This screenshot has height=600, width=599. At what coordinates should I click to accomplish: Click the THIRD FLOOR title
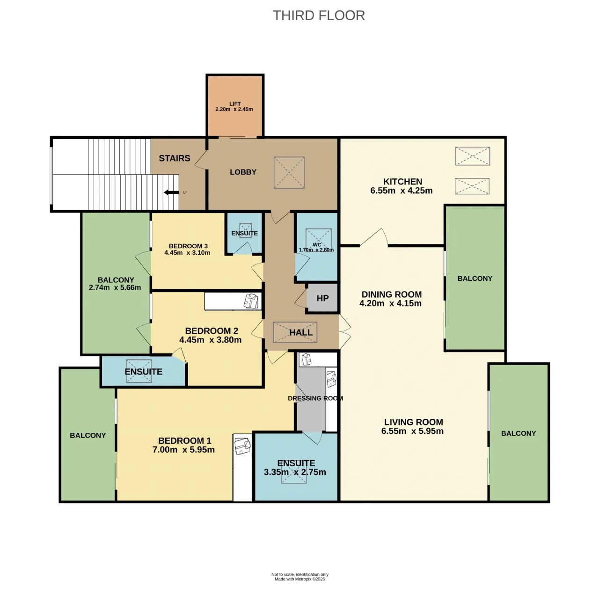[x=319, y=15]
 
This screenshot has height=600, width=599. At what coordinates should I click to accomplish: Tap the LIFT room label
[x=235, y=104]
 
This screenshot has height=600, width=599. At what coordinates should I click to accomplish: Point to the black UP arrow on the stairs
[x=171, y=192]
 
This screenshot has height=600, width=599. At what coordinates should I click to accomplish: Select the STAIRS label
[x=175, y=158]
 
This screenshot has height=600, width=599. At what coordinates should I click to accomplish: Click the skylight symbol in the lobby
[x=289, y=173]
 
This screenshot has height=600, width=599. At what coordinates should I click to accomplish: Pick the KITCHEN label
[x=402, y=182]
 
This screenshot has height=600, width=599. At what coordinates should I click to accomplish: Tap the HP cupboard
[x=322, y=298]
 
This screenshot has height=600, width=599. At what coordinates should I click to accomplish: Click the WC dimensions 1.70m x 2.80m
[x=316, y=250]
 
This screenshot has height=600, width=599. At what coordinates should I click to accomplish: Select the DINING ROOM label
[x=391, y=294]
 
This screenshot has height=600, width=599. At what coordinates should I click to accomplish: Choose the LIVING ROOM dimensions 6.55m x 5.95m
[x=412, y=431]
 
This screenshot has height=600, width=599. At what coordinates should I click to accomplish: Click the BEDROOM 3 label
[x=188, y=246]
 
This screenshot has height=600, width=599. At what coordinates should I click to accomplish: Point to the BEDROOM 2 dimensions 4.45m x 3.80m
[x=210, y=340]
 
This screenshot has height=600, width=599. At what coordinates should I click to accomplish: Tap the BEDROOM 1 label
[x=185, y=440]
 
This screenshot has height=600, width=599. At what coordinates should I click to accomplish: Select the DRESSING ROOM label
[x=315, y=398]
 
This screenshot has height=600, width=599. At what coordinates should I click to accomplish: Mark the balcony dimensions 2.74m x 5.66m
[x=115, y=287]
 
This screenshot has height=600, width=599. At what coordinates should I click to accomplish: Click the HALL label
[x=301, y=333]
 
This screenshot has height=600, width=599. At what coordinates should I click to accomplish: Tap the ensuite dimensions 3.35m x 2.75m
[x=295, y=472]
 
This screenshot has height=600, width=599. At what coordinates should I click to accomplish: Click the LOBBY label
[x=243, y=172]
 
